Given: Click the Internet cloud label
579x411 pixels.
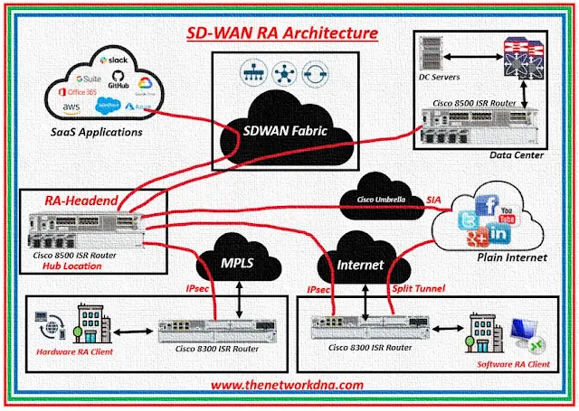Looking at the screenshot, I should [357, 265].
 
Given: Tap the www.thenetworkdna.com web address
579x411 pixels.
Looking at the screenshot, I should [287, 384].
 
